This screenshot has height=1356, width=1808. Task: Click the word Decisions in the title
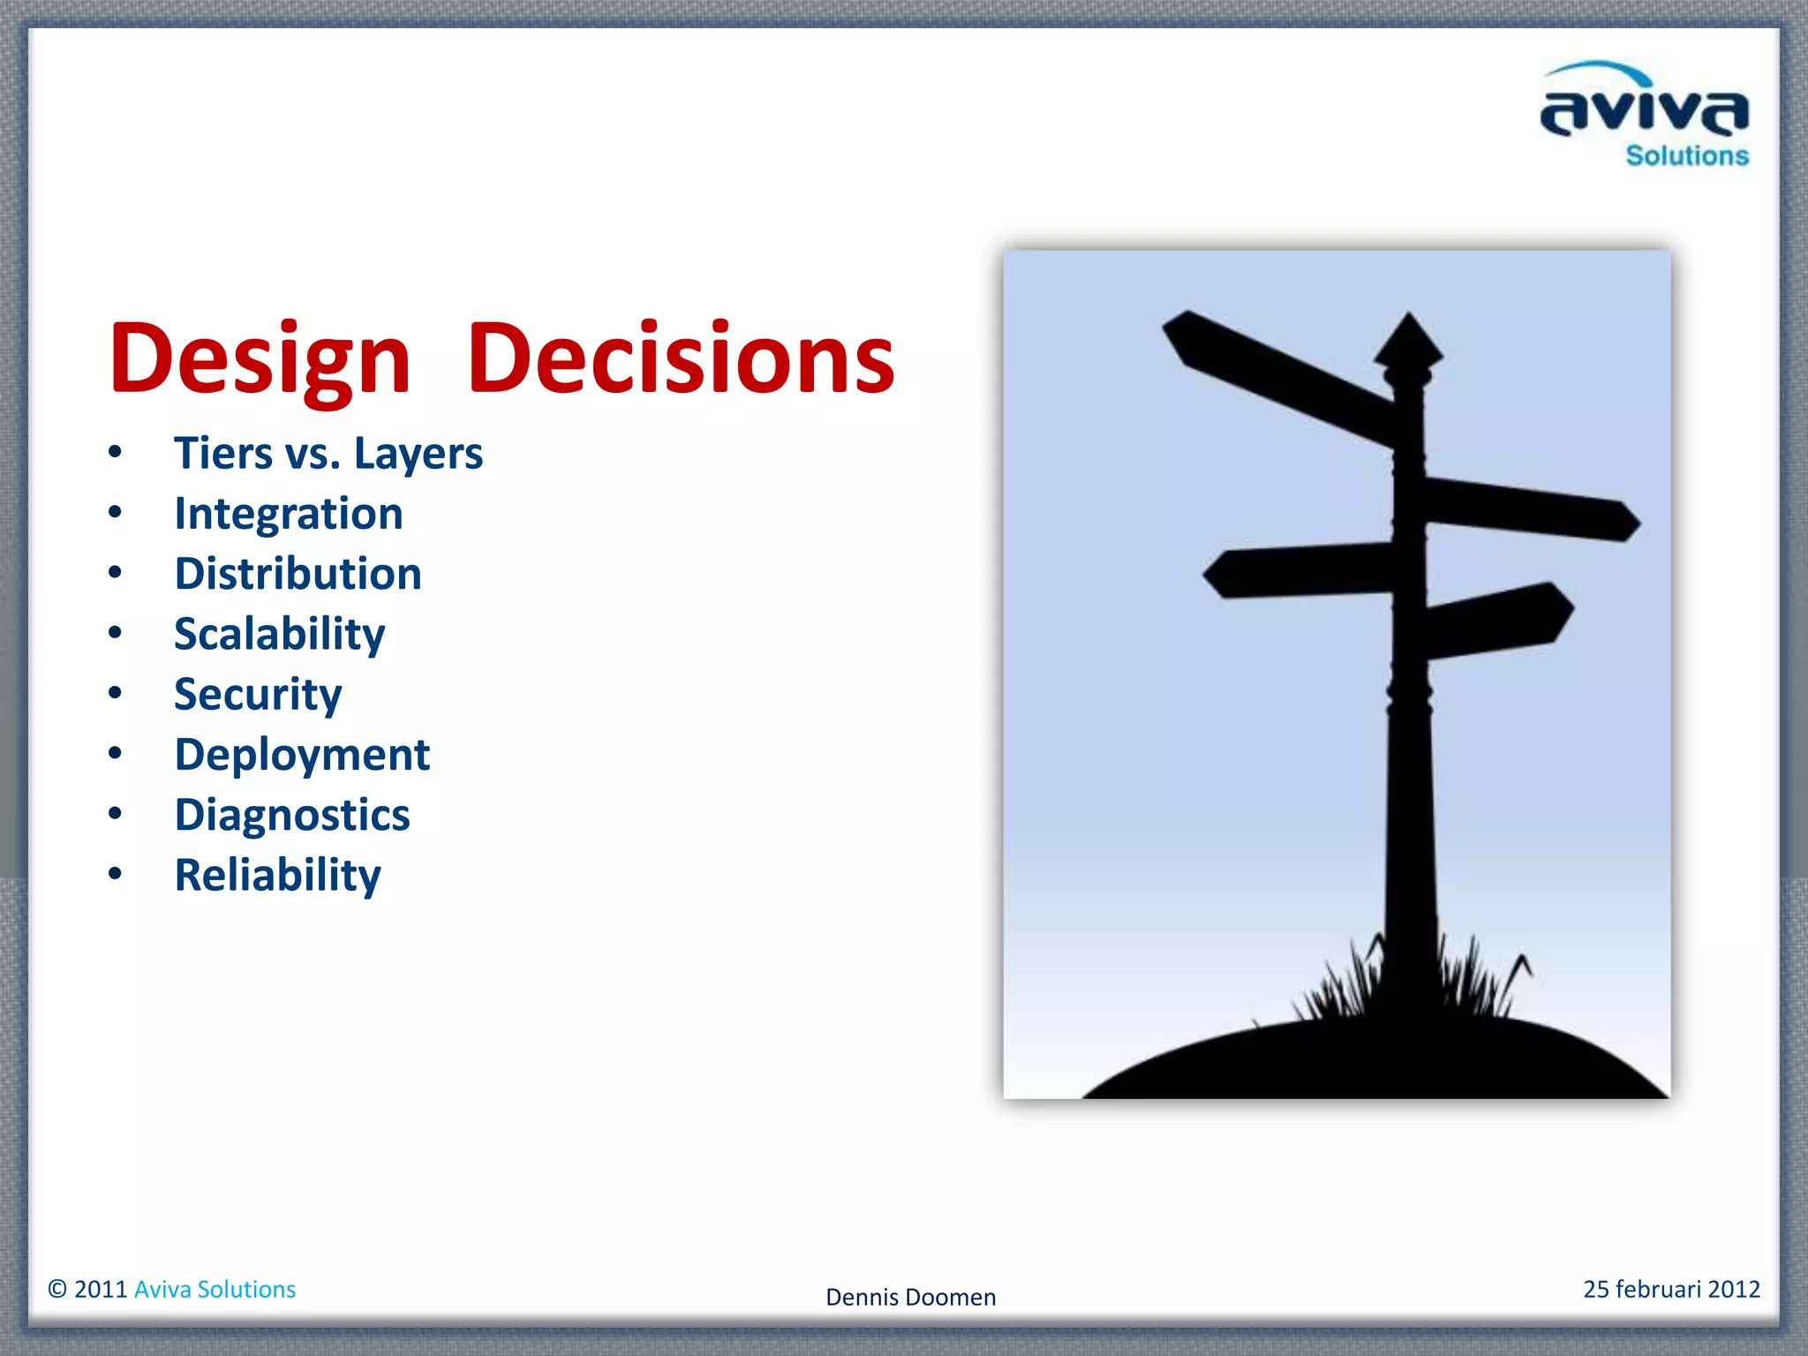point(681,358)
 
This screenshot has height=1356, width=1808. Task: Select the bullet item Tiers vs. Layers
point(328,454)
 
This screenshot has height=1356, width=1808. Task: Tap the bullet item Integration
point(289,514)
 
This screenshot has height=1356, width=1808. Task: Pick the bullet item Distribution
point(298,574)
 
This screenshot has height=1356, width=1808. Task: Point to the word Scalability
point(279,635)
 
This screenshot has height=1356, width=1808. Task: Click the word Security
point(258,695)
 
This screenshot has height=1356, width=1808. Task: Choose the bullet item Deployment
point(302,756)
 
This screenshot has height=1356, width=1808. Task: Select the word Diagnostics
point(292,815)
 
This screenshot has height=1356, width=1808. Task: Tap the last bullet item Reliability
point(277,876)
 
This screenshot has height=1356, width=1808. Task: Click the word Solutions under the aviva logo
point(1687,156)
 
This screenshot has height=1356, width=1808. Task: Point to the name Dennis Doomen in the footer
point(910,1297)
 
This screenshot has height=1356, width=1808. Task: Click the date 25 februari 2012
point(1671,1289)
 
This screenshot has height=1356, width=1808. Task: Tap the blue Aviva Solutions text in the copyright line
point(215,1290)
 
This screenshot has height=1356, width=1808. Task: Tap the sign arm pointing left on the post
point(1298,571)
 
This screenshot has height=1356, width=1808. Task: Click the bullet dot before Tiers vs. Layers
point(115,452)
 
